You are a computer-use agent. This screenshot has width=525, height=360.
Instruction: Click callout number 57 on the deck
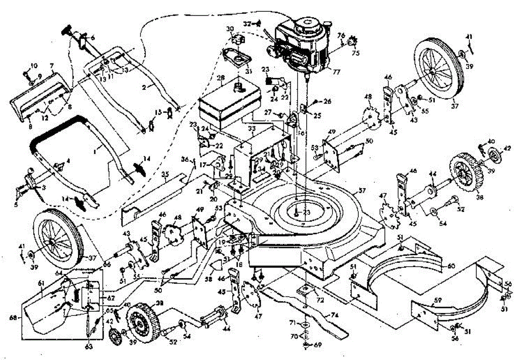[x=361, y=191]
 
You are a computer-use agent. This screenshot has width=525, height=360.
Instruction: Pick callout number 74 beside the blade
[x=335, y=314]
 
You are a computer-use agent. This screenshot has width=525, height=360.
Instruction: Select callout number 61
[x=42, y=283]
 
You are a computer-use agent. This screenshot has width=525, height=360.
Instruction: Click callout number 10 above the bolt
[x=34, y=66]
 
